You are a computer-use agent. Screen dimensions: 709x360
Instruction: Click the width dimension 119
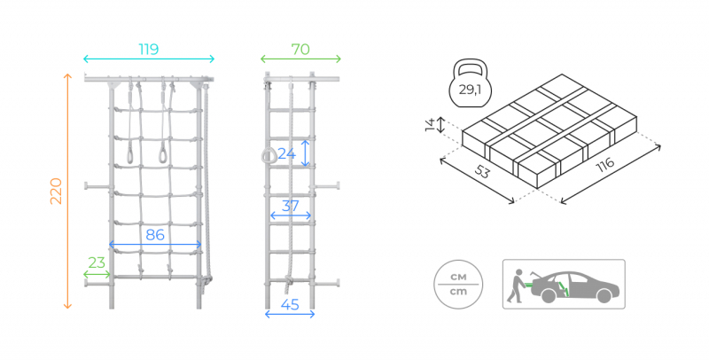click(148, 49)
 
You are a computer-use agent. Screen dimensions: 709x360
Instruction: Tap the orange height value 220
click(56, 191)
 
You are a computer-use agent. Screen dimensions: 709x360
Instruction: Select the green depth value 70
click(300, 50)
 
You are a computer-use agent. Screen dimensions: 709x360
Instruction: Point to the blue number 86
click(155, 235)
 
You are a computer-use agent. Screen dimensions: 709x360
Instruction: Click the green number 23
click(97, 262)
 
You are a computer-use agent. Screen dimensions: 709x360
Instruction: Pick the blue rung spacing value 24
click(286, 153)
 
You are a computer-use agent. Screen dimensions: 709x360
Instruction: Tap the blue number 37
click(291, 207)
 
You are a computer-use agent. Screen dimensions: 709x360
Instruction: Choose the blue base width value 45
click(290, 305)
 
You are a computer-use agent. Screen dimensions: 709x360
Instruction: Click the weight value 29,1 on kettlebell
click(471, 90)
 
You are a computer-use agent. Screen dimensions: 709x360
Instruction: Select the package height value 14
click(430, 124)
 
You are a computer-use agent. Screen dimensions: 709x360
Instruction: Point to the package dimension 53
click(482, 172)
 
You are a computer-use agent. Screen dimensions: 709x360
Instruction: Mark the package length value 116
click(605, 165)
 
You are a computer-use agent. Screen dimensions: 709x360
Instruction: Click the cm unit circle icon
click(458, 284)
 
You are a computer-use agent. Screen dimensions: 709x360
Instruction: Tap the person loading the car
click(516, 286)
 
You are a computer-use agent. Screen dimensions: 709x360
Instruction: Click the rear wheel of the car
click(549, 296)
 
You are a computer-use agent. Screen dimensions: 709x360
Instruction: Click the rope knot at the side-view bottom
click(289, 281)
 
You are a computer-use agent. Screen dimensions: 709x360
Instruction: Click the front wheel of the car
click(604, 296)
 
